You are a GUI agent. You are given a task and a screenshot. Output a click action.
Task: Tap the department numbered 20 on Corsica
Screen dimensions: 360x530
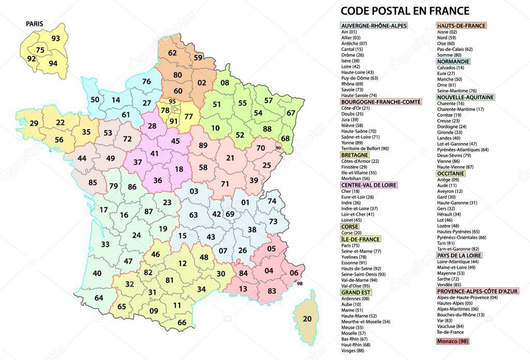307,319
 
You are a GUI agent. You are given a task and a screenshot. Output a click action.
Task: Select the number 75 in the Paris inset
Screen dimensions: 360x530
40,50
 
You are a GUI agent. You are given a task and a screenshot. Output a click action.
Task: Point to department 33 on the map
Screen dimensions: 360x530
106,244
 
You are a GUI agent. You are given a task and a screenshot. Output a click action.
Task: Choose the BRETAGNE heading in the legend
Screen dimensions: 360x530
355,155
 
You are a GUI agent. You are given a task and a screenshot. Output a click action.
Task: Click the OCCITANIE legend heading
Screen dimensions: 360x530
451,173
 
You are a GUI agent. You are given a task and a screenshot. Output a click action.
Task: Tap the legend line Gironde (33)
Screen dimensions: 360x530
449,132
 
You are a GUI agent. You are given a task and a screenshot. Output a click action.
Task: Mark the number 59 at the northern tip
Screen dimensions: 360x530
198,58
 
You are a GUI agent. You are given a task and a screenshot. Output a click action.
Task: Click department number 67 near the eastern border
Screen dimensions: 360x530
291,113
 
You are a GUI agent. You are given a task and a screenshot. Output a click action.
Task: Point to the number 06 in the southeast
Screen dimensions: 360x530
294,273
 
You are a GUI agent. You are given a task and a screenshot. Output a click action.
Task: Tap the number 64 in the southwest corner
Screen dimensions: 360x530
99,298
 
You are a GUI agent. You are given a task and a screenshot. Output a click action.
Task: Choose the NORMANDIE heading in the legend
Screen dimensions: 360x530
453,61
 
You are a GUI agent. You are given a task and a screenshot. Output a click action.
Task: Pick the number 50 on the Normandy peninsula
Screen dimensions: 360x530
95,100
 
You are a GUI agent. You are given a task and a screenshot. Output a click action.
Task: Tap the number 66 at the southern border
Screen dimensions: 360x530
182,323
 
